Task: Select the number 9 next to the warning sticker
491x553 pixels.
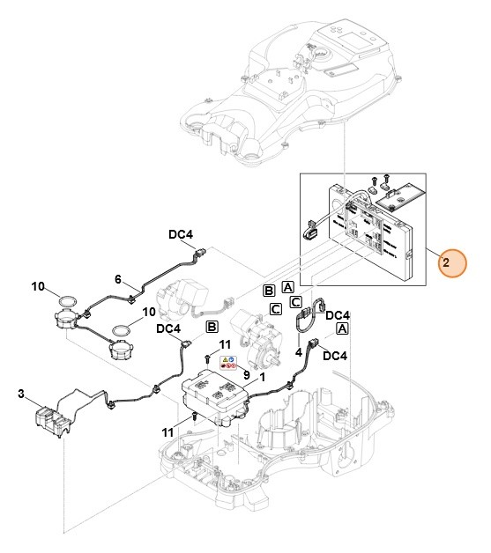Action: click(x=246, y=376)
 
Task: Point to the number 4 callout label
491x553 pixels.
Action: click(x=299, y=352)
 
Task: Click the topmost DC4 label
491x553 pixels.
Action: click(x=182, y=235)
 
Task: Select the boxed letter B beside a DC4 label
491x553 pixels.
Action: click(x=212, y=327)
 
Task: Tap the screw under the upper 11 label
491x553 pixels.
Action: click(x=205, y=359)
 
